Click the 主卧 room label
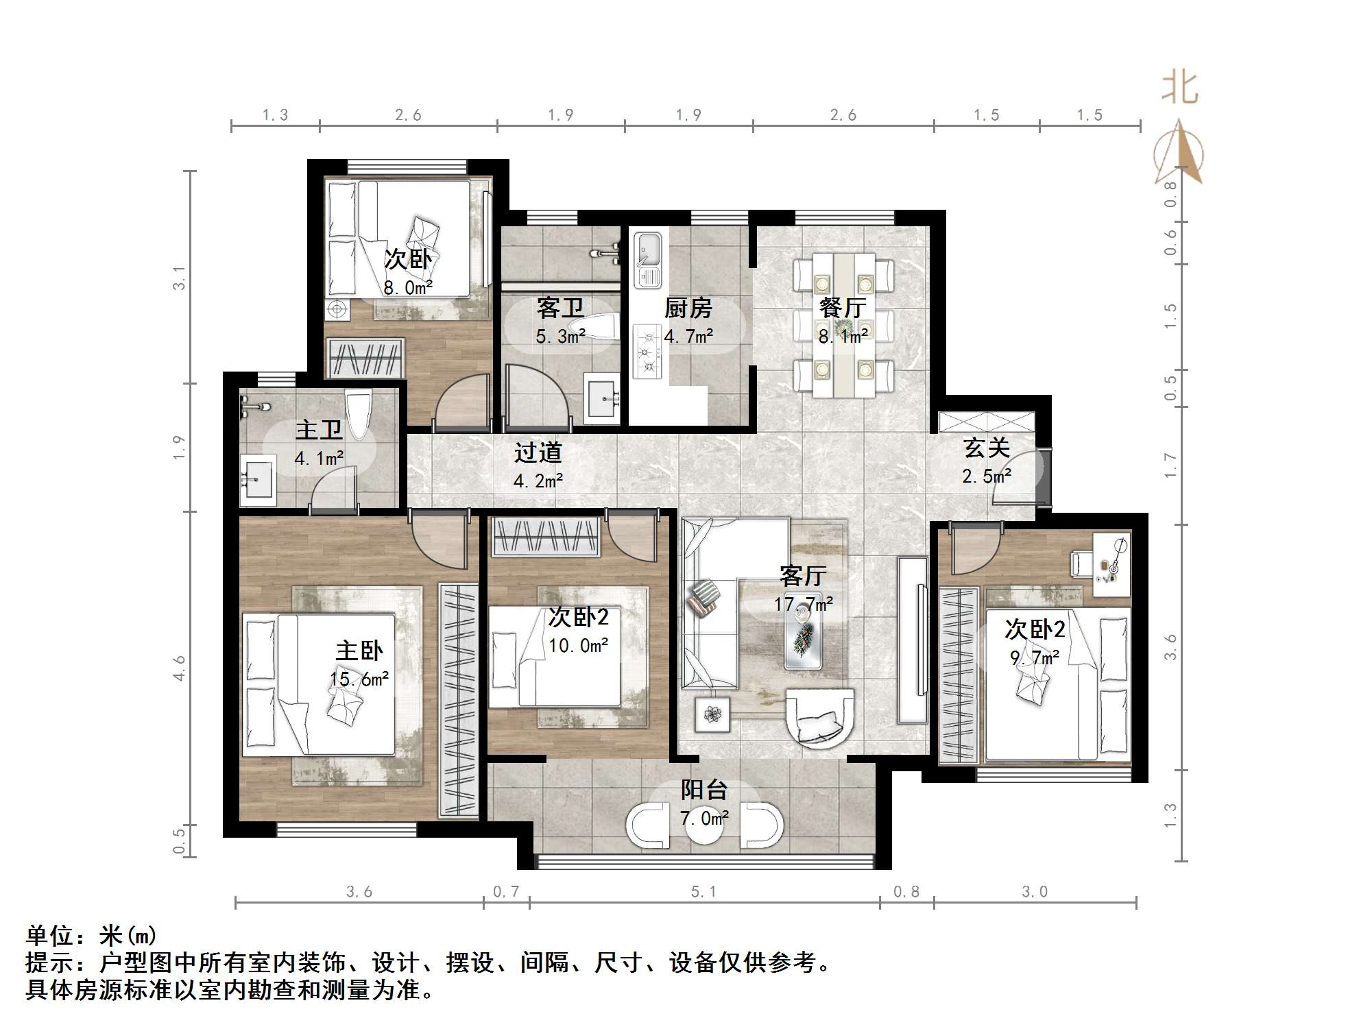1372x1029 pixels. pyautogui.click(x=359, y=651)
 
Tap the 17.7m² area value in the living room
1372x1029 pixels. pyautogui.click(x=803, y=604)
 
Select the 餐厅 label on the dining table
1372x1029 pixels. pyautogui.click(x=843, y=308)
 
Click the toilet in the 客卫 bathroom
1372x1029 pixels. pyautogui.click(x=597, y=328)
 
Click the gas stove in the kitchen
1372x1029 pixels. pyautogui.click(x=647, y=352)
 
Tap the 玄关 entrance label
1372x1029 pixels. pyautogui.click(x=987, y=448)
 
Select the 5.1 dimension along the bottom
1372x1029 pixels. pyautogui.click(x=703, y=892)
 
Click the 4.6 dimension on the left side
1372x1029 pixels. pyautogui.click(x=180, y=668)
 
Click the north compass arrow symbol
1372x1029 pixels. pyautogui.click(x=1179, y=154)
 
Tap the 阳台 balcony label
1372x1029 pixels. pyautogui.click(x=703, y=790)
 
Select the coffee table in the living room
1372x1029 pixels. pyautogui.click(x=804, y=638)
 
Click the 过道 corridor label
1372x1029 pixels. pyautogui.click(x=538, y=452)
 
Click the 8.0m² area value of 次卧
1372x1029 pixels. pyautogui.click(x=408, y=288)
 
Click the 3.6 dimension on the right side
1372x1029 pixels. pyautogui.click(x=1170, y=646)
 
